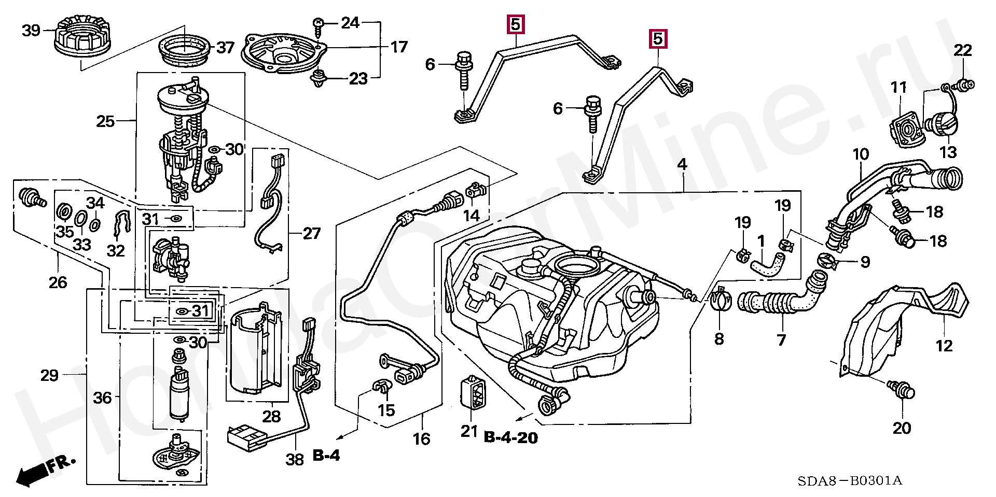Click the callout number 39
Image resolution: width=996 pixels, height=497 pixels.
point(31,30)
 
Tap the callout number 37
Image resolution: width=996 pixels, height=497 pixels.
point(225,48)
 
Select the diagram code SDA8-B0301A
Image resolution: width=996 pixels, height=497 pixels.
point(850,481)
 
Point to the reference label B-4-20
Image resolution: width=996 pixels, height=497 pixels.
point(510,438)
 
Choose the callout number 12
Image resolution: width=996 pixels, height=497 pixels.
point(944,346)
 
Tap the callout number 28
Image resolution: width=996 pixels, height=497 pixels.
point(271,416)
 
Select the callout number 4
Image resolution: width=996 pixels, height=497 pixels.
point(682,165)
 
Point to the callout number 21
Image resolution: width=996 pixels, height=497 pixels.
point(469,431)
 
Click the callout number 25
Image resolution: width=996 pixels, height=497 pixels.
point(105,121)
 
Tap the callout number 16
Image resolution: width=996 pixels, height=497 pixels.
point(421,439)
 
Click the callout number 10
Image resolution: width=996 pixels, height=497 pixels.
point(861,154)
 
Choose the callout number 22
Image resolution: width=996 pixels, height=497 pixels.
point(963,50)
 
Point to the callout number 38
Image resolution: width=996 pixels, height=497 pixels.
point(295,459)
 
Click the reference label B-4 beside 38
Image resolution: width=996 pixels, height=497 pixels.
point(326,456)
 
